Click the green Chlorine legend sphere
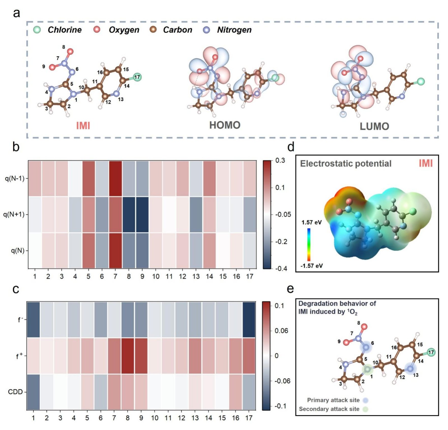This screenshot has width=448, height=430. click(37, 30)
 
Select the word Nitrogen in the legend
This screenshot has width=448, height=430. click(234, 30)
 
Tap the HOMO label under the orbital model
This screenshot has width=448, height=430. click(225, 125)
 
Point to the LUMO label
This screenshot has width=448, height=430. click(374, 126)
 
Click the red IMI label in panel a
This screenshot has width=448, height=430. click(83, 126)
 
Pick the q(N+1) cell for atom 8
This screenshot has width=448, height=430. click(129, 214)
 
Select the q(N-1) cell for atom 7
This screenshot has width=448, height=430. click(115, 178)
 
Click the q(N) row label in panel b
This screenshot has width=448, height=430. click(18, 251)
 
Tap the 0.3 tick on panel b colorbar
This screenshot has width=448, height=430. click(280, 161)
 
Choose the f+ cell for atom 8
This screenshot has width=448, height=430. click(128, 356)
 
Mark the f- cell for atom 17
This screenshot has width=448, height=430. click(249, 320)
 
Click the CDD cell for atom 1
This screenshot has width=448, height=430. click(33, 392)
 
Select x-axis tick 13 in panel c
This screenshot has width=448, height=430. click(195, 418)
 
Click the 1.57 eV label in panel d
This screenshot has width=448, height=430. click(311, 222)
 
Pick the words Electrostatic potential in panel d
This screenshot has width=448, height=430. click(346, 164)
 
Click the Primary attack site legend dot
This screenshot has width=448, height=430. click(366, 400)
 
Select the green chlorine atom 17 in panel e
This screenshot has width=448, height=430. click(431, 352)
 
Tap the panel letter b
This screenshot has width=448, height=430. click(16, 147)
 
